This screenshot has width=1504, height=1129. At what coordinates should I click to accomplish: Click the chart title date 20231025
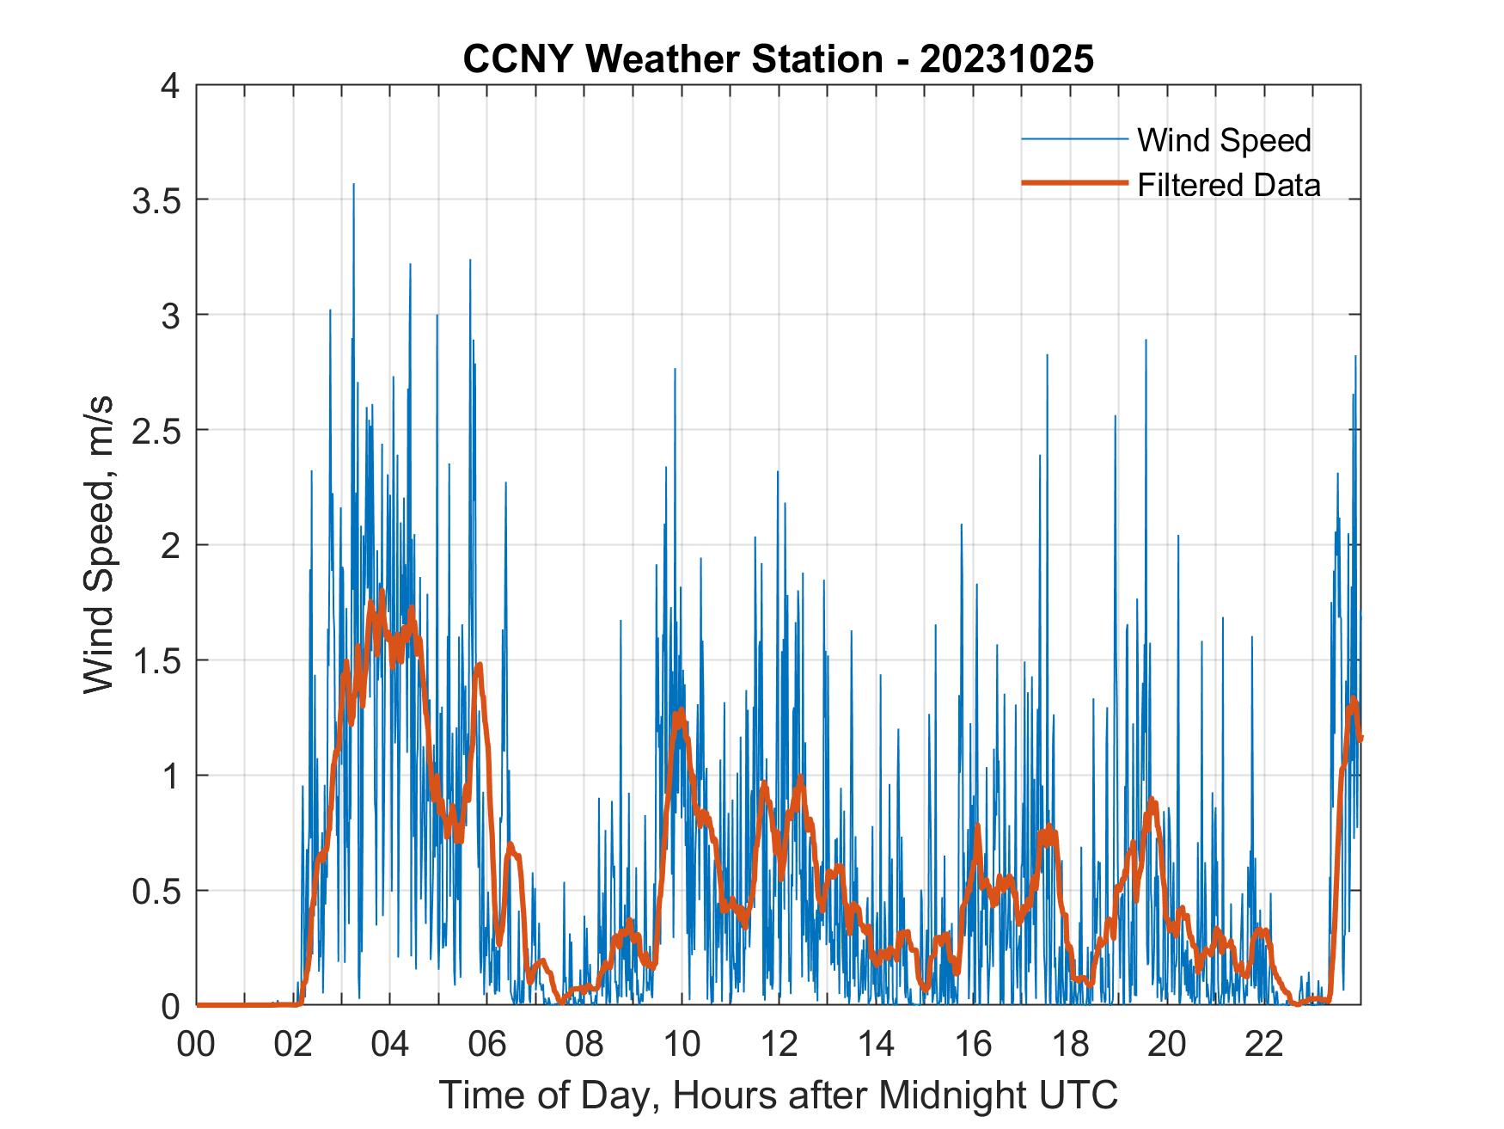pos(1006,59)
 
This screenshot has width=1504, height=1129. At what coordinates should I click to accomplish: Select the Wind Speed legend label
pos(1224,140)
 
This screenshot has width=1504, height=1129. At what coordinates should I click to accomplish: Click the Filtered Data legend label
pos(1228,185)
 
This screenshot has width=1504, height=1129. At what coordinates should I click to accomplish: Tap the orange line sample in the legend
pos(1073,183)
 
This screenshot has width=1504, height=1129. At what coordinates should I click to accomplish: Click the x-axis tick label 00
pos(196,1045)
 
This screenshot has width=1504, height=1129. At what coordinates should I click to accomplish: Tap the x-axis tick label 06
pos(487,1045)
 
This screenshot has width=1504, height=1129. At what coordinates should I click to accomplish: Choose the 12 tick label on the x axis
pos(779,1045)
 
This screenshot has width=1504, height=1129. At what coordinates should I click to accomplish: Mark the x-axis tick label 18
pos(1070,1045)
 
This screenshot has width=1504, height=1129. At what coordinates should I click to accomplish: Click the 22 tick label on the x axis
pos(1264,1045)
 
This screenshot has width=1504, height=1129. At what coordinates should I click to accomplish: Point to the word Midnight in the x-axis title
pos(940,1095)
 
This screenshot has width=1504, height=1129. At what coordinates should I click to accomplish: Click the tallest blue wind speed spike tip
pos(353,184)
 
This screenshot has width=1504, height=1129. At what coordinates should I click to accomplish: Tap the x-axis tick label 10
pos(682,1045)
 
